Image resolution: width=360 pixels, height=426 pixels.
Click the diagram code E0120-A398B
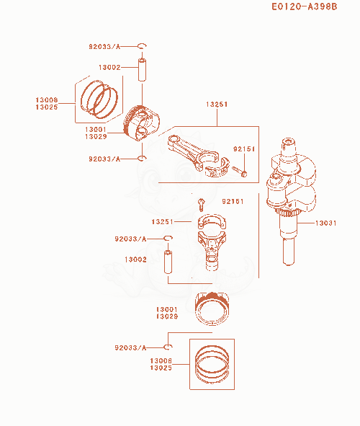click(x=304, y=6)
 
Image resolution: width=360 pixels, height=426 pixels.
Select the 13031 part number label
click(x=325, y=223)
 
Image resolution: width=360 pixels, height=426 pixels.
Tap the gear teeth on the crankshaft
click(x=287, y=213)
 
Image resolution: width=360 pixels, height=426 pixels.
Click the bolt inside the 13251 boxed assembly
click(x=240, y=172)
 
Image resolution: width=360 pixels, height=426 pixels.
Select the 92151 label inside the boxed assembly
click(x=244, y=149)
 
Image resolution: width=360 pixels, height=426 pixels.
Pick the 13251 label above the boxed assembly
click(x=217, y=105)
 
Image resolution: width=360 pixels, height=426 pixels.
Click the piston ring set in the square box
click(x=212, y=364)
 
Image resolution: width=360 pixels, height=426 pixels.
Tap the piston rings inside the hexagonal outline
click(x=99, y=99)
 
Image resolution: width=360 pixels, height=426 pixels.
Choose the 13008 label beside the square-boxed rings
click(x=161, y=360)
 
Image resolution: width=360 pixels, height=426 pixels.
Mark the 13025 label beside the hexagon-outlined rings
click(x=47, y=107)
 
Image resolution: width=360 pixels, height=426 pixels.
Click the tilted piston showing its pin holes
click(x=141, y=123)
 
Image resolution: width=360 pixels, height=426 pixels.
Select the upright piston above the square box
click(x=212, y=309)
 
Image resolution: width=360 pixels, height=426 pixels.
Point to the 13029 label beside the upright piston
click(x=167, y=316)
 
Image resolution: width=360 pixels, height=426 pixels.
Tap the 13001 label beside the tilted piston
click(x=96, y=129)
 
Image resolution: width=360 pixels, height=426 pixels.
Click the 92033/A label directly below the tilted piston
click(x=104, y=159)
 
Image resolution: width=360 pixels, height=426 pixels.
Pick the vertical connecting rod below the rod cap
click(x=212, y=251)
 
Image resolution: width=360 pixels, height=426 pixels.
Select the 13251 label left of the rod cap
click(x=162, y=222)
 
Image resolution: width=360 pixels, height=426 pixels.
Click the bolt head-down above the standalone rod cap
click(x=201, y=205)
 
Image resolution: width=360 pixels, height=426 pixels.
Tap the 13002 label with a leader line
click(x=109, y=67)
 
